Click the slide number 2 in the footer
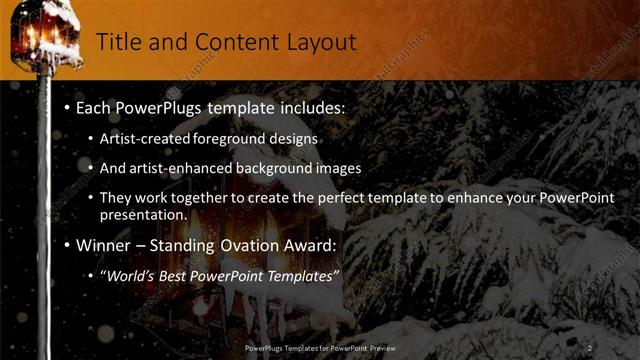coord(590,348)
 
